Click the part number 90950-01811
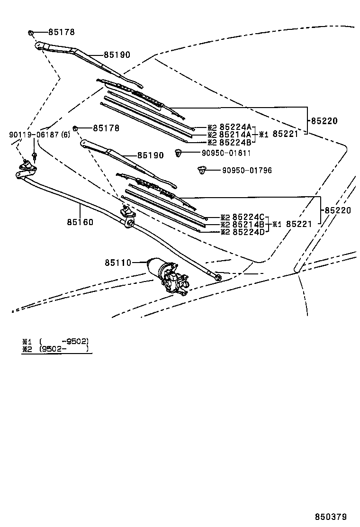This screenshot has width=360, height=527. point(219,153)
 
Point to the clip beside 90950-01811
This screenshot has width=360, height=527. point(179,153)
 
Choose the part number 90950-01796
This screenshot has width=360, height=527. point(247,170)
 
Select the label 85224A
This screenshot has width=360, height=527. point(235,127)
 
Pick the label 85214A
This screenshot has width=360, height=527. point(235,135)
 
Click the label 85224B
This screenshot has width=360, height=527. point(235,142)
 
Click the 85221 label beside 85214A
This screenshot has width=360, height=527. point(285,134)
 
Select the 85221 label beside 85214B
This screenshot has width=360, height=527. point(298,224)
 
